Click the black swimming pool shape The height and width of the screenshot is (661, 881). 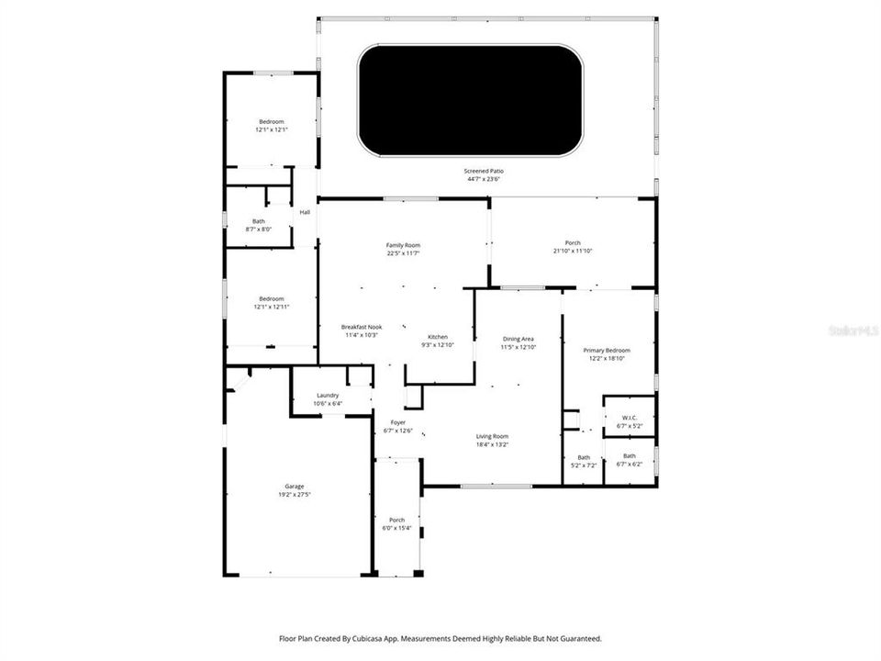[471, 100]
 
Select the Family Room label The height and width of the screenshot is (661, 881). [403, 245]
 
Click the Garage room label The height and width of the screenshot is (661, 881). [294, 487]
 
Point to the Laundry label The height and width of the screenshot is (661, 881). [328, 396]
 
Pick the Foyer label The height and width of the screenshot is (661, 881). [398, 422]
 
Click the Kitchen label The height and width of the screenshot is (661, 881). [437, 337]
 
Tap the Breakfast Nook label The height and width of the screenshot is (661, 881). [362, 327]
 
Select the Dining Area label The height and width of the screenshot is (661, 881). [518, 339]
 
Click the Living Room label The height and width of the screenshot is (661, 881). [492, 436]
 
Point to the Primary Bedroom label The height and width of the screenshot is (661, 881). [607, 351]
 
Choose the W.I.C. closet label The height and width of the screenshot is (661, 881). [629, 418]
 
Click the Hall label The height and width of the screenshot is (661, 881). [305, 212]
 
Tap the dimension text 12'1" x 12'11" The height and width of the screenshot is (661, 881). [272, 307]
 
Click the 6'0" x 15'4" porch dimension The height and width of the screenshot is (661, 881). [396, 528]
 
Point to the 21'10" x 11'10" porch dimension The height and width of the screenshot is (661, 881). [573, 251]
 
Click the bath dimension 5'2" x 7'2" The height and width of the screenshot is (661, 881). [584, 465]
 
